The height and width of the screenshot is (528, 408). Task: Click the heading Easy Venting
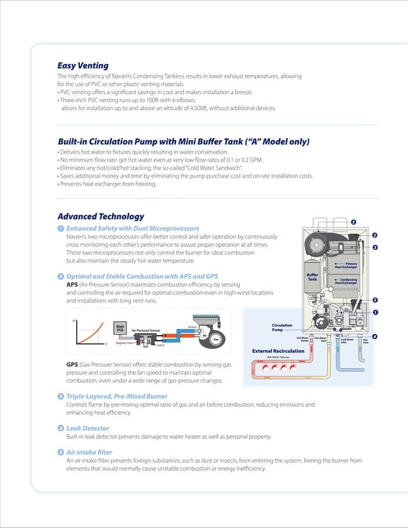tap(82, 65)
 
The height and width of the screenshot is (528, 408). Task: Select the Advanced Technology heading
tap(100, 216)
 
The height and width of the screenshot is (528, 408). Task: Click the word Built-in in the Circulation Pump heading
tap(72, 141)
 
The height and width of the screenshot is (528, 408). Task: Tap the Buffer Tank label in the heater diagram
tap(312, 277)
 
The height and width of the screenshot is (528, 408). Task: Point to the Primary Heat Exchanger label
tap(350, 265)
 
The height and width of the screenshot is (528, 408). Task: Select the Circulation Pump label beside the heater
tap(282, 327)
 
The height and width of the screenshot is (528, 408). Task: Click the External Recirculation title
tap(278, 351)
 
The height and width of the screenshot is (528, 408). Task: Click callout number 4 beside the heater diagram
tap(374, 336)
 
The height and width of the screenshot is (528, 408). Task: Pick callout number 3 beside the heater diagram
tap(375, 247)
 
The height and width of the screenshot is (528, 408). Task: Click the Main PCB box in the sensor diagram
tap(120, 328)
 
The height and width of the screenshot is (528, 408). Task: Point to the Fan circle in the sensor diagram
tap(216, 339)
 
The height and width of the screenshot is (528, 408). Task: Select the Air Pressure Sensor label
tap(150, 330)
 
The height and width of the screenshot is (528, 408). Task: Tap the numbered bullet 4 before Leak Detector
tap(60, 428)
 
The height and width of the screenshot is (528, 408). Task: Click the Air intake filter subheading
tap(92, 453)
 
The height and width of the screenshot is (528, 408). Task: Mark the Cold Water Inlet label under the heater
tap(348, 340)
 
